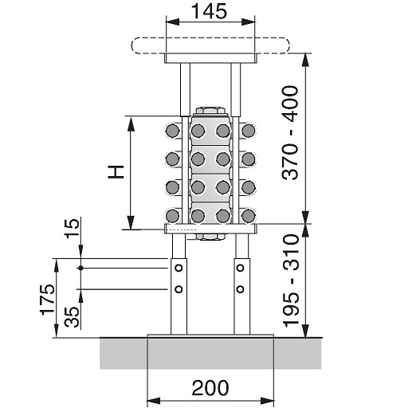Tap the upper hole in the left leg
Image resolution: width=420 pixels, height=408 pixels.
pos(179,270)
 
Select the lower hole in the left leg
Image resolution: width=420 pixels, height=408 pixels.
pos(179,288)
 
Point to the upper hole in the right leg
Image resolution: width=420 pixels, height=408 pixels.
pos(240,270)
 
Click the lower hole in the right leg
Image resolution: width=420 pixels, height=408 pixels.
pos(240,288)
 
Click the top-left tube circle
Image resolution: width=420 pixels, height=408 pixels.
pos(172,131)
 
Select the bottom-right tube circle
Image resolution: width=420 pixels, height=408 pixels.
pos(249,216)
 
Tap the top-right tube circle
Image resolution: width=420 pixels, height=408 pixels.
pos(249,131)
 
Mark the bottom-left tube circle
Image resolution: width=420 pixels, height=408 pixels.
pos(172,216)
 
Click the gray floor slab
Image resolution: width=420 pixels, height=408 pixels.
pos(210,352)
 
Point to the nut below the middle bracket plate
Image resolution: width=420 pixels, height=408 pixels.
pos(210,237)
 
